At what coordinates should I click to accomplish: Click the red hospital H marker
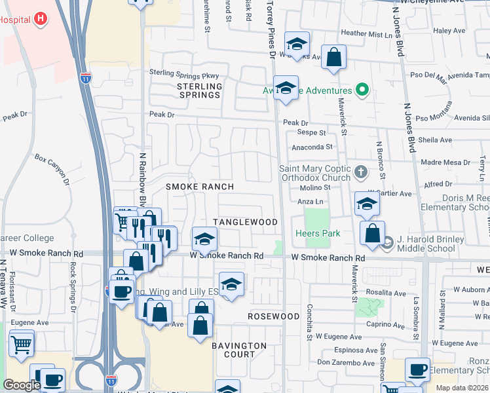41,18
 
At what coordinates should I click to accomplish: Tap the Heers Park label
318,233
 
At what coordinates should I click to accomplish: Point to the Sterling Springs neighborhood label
200,90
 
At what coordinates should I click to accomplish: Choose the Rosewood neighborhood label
274,316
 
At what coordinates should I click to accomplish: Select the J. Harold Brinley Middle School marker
388,244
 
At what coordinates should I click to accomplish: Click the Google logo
22,385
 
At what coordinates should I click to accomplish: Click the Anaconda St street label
312,148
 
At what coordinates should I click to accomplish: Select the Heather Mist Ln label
366,33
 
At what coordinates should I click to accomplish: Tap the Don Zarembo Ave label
345,362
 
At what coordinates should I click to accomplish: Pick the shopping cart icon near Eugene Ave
22,343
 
